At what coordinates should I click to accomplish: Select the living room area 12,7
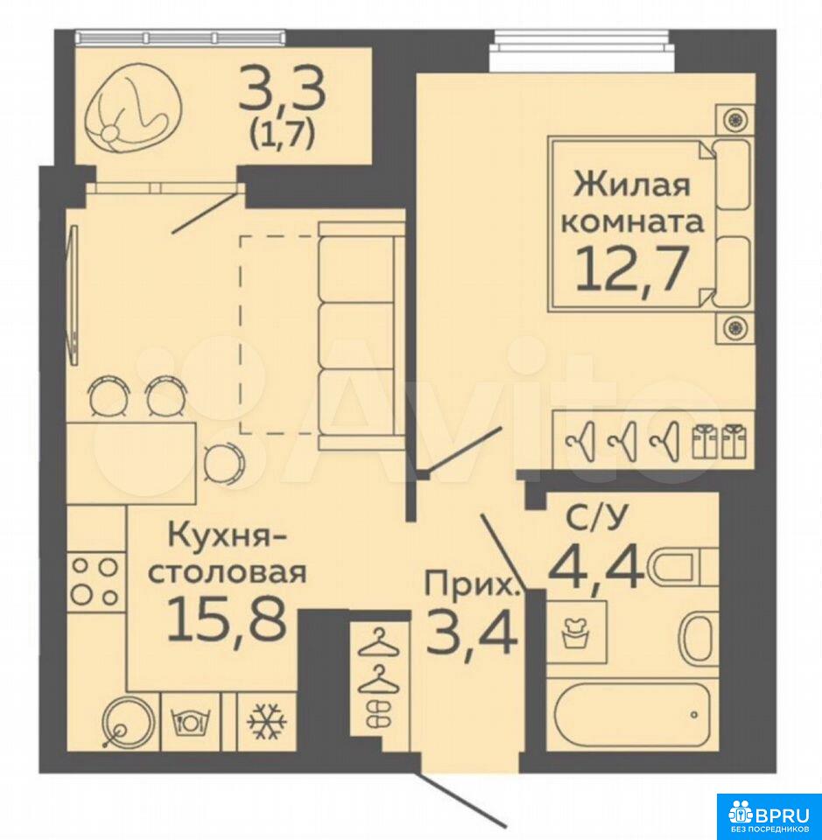point(631,269)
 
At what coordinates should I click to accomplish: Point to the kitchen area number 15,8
point(226,620)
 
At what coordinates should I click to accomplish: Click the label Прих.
point(472,585)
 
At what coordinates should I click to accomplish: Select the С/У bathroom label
point(595,519)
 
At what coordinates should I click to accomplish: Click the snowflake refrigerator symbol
point(267,722)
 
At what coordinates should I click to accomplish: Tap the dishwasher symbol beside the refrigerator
point(190,722)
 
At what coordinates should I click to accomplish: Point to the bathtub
point(631,714)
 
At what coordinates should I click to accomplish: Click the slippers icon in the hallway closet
point(378,714)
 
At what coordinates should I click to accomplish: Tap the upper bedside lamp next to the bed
point(735,119)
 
